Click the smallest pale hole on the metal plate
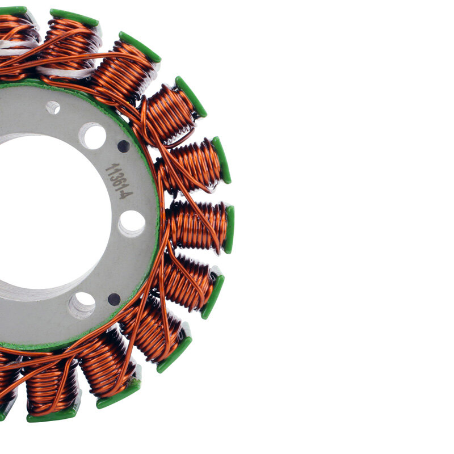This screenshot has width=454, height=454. pyautogui.click(x=53, y=107)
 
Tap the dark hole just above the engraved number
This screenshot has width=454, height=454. pyautogui.click(x=123, y=146)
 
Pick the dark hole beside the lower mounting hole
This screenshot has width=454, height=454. pyautogui.click(x=114, y=299)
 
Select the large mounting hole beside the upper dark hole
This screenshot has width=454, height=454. pyautogui.click(x=93, y=136)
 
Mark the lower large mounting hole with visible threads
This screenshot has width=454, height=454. pyautogui.click(x=83, y=305)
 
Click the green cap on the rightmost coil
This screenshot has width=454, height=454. pyautogui.click(x=229, y=229)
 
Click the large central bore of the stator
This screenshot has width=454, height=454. pyautogui.click(x=45, y=216)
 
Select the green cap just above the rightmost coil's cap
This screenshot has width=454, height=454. pyautogui.click(x=222, y=160)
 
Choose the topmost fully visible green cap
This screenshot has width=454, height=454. pyautogui.click(x=74, y=18)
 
